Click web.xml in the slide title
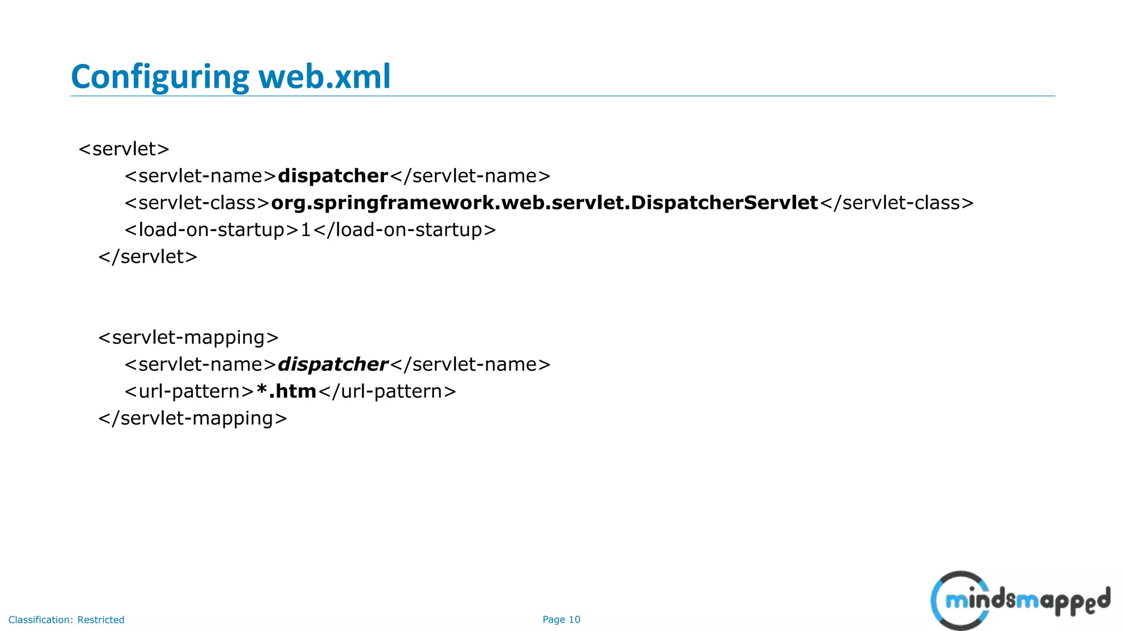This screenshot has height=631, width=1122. (324, 77)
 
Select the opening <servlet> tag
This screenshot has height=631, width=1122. (124, 149)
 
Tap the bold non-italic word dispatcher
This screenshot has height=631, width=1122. (333, 176)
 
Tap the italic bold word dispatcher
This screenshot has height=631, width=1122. (333, 364)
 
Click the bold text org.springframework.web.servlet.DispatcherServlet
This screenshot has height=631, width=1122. (544, 203)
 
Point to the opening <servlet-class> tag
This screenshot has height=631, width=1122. (197, 203)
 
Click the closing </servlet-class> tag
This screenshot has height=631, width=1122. (897, 203)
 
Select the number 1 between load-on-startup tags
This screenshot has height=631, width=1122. (306, 230)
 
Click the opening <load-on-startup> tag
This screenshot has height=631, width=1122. (211, 230)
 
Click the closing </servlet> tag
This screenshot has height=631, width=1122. (147, 256)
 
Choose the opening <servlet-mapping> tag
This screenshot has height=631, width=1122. (188, 337)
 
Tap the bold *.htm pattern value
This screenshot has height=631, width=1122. (286, 391)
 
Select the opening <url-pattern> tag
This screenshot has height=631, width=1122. (189, 391)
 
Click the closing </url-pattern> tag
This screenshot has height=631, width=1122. (387, 391)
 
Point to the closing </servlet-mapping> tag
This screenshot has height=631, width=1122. (192, 418)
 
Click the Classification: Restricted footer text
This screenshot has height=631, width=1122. (66, 619)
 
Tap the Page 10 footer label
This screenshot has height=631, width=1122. (561, 619)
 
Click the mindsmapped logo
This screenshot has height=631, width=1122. (1020, 600)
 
